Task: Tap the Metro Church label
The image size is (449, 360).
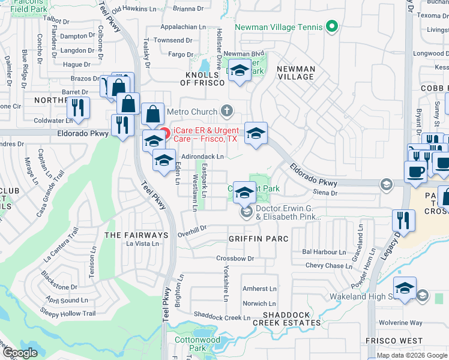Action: (x=190, y=111)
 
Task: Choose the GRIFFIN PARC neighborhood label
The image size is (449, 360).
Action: (x=258, y=239)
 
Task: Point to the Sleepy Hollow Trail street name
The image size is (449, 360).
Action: (x=67, y=313)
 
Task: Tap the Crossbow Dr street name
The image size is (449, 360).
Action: (x=235, y=259)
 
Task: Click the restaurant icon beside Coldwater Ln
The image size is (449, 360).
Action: (x=78, y=107)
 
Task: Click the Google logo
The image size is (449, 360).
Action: (x=20, y=353)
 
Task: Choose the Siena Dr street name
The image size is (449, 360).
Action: (x=326, y=193)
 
